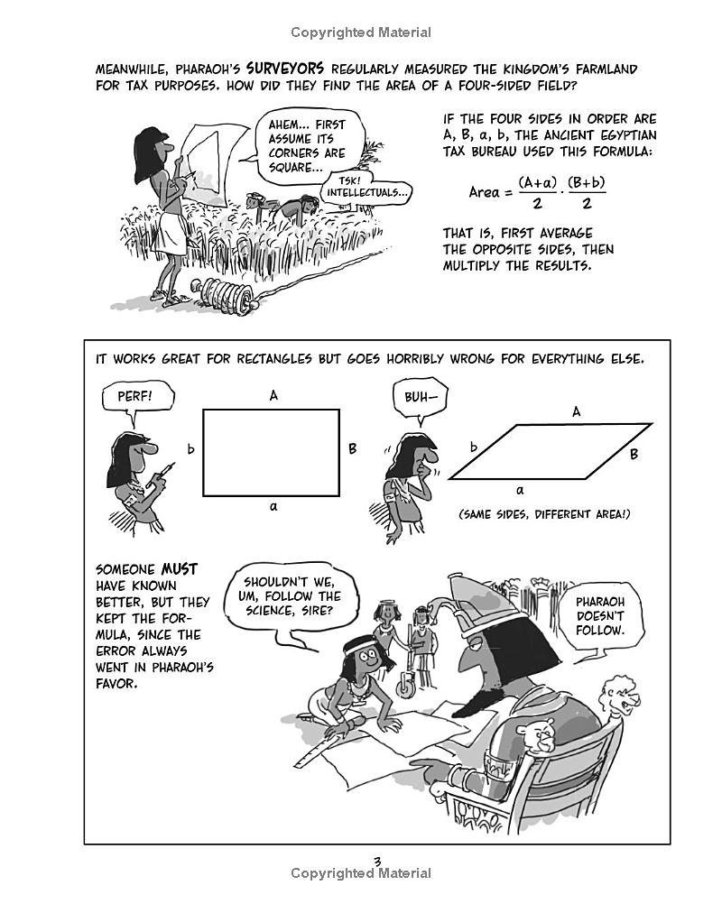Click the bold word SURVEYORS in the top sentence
[x=285, y=68]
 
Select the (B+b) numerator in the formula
[x=587, y=182]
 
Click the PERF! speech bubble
[x=135, y=396]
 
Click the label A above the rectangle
[x=273, y=395]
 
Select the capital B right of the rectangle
[x=352, y=448]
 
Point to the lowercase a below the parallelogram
[x=521, y=490]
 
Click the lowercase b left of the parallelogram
[x=474, y=446]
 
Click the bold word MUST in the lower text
[x=179, y=569]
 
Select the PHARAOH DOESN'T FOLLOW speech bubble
[x=600, y=615]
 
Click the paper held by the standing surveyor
[x=208, y=144]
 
